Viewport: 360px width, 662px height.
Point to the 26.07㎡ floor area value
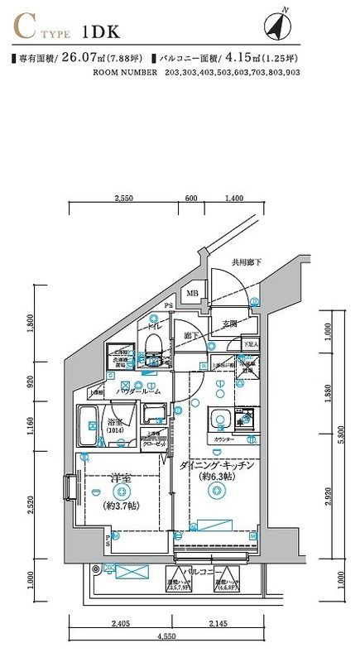(80, 60)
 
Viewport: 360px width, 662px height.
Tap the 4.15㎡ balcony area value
(254, 60)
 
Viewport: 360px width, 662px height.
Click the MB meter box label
(192, 294)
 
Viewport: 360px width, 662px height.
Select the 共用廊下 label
(246, 262)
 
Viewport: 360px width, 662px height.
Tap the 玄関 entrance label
(229, 324)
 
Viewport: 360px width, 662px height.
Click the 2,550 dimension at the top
(124, 199)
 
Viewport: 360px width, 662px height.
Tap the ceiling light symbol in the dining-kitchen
(216, 492)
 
